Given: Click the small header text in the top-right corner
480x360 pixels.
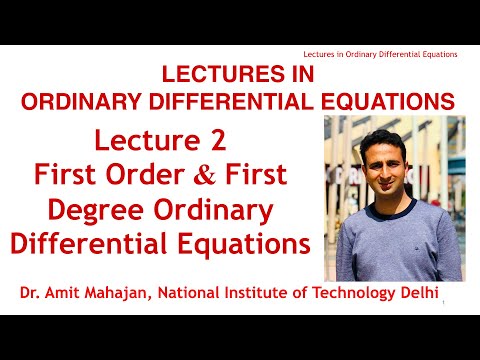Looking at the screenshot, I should [380, 54].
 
